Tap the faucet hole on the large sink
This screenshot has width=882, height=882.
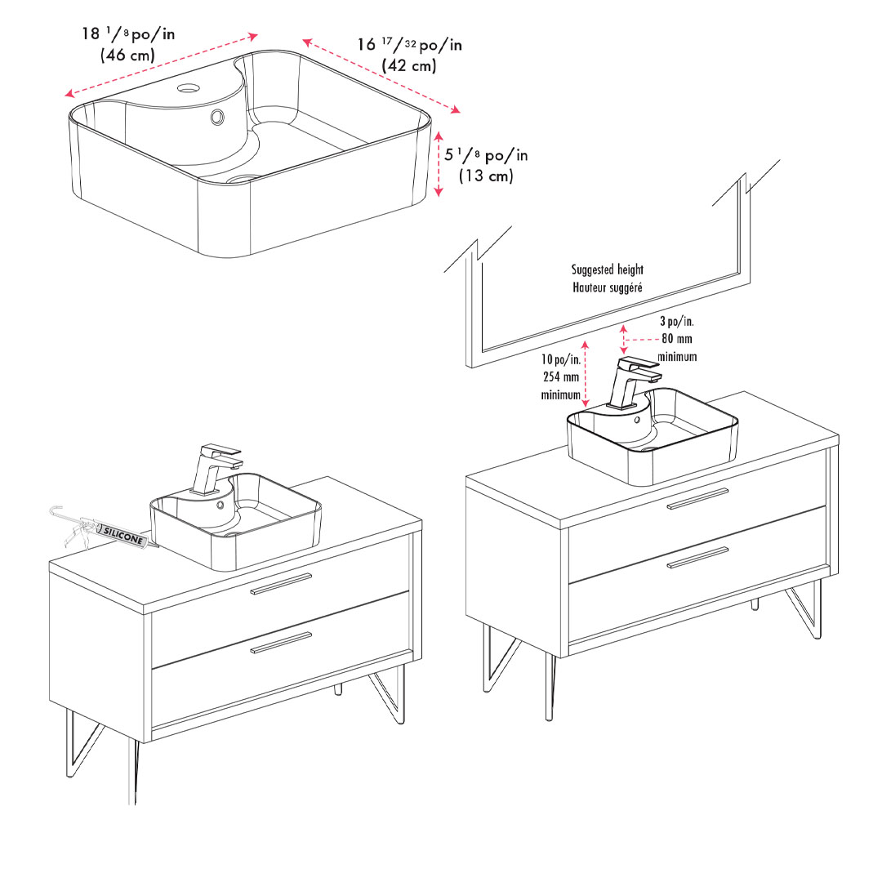[x=189, y=87]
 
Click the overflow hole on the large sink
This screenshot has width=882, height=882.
[x=218, y=117]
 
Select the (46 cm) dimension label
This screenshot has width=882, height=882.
[x=127, y=56]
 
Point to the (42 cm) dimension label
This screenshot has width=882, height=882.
[x=409, y=65]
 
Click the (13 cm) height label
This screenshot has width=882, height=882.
[x=486, y=176]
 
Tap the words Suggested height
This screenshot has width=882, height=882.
[x=608, y=269]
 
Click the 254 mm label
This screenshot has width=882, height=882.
[x=561, y=376]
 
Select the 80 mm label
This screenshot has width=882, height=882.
[x=677, y=339]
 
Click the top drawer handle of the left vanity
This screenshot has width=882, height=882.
[x=281, y=584]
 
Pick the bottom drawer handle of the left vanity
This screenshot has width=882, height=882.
[x=281, y=643]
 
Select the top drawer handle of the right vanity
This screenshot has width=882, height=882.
[x=697, y=498]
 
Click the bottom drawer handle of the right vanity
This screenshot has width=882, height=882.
[x=697, y=557]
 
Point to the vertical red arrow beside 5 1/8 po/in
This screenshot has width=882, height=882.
[x=439, y=163]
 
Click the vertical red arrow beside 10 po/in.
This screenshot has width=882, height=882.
[x=585, y=373]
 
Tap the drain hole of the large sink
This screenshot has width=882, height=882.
[x=243, y=179]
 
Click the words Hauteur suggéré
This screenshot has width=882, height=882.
[x=608, y=287]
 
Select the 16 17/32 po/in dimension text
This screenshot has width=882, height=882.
[x=409, y=44]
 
